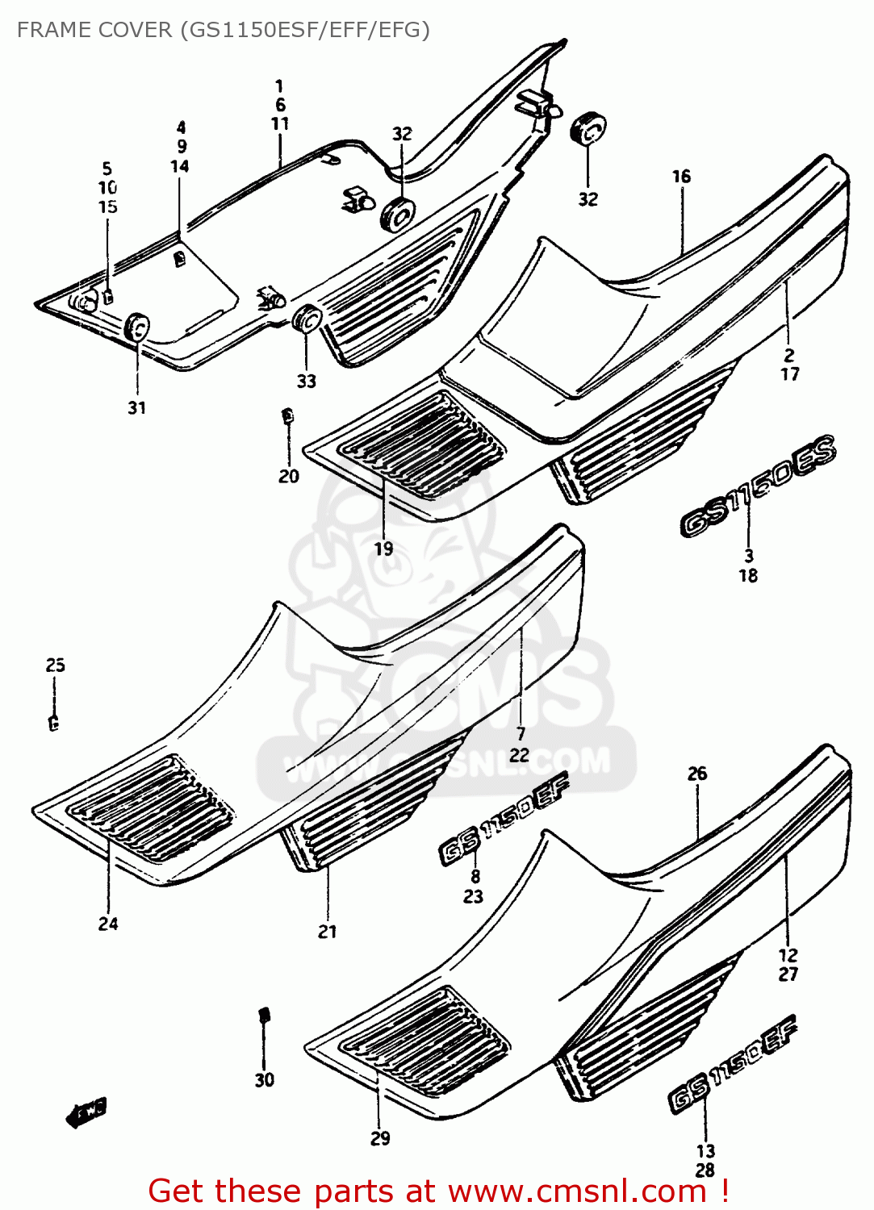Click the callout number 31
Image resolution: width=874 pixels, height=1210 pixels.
point(137,408)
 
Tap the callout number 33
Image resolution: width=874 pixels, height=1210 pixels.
point(307,382)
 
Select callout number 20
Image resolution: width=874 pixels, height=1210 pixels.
point(289,477)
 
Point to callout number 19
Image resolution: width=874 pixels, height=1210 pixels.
point(383,549)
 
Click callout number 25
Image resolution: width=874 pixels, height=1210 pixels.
point(55,665)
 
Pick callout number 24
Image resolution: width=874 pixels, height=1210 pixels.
point(108,924)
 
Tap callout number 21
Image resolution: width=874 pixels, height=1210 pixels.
point(327,932)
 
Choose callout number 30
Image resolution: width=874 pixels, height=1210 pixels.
point(265,1080)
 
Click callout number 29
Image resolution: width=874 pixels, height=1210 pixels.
point(380,1138)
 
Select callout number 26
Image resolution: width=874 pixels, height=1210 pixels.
point(697,774)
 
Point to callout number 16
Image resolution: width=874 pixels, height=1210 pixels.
point(681,176)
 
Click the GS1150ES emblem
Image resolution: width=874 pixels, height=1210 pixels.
point(759,487)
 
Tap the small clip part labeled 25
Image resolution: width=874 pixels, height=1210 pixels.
point(53,723)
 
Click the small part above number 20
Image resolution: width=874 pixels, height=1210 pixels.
point(286,416)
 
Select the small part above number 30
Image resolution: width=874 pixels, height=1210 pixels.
point(263,1015)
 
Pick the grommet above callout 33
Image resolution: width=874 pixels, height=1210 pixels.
point(307,319)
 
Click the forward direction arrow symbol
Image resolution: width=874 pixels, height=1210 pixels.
point(86,1113)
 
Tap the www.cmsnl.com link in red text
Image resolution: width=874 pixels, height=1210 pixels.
point(577,1191)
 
